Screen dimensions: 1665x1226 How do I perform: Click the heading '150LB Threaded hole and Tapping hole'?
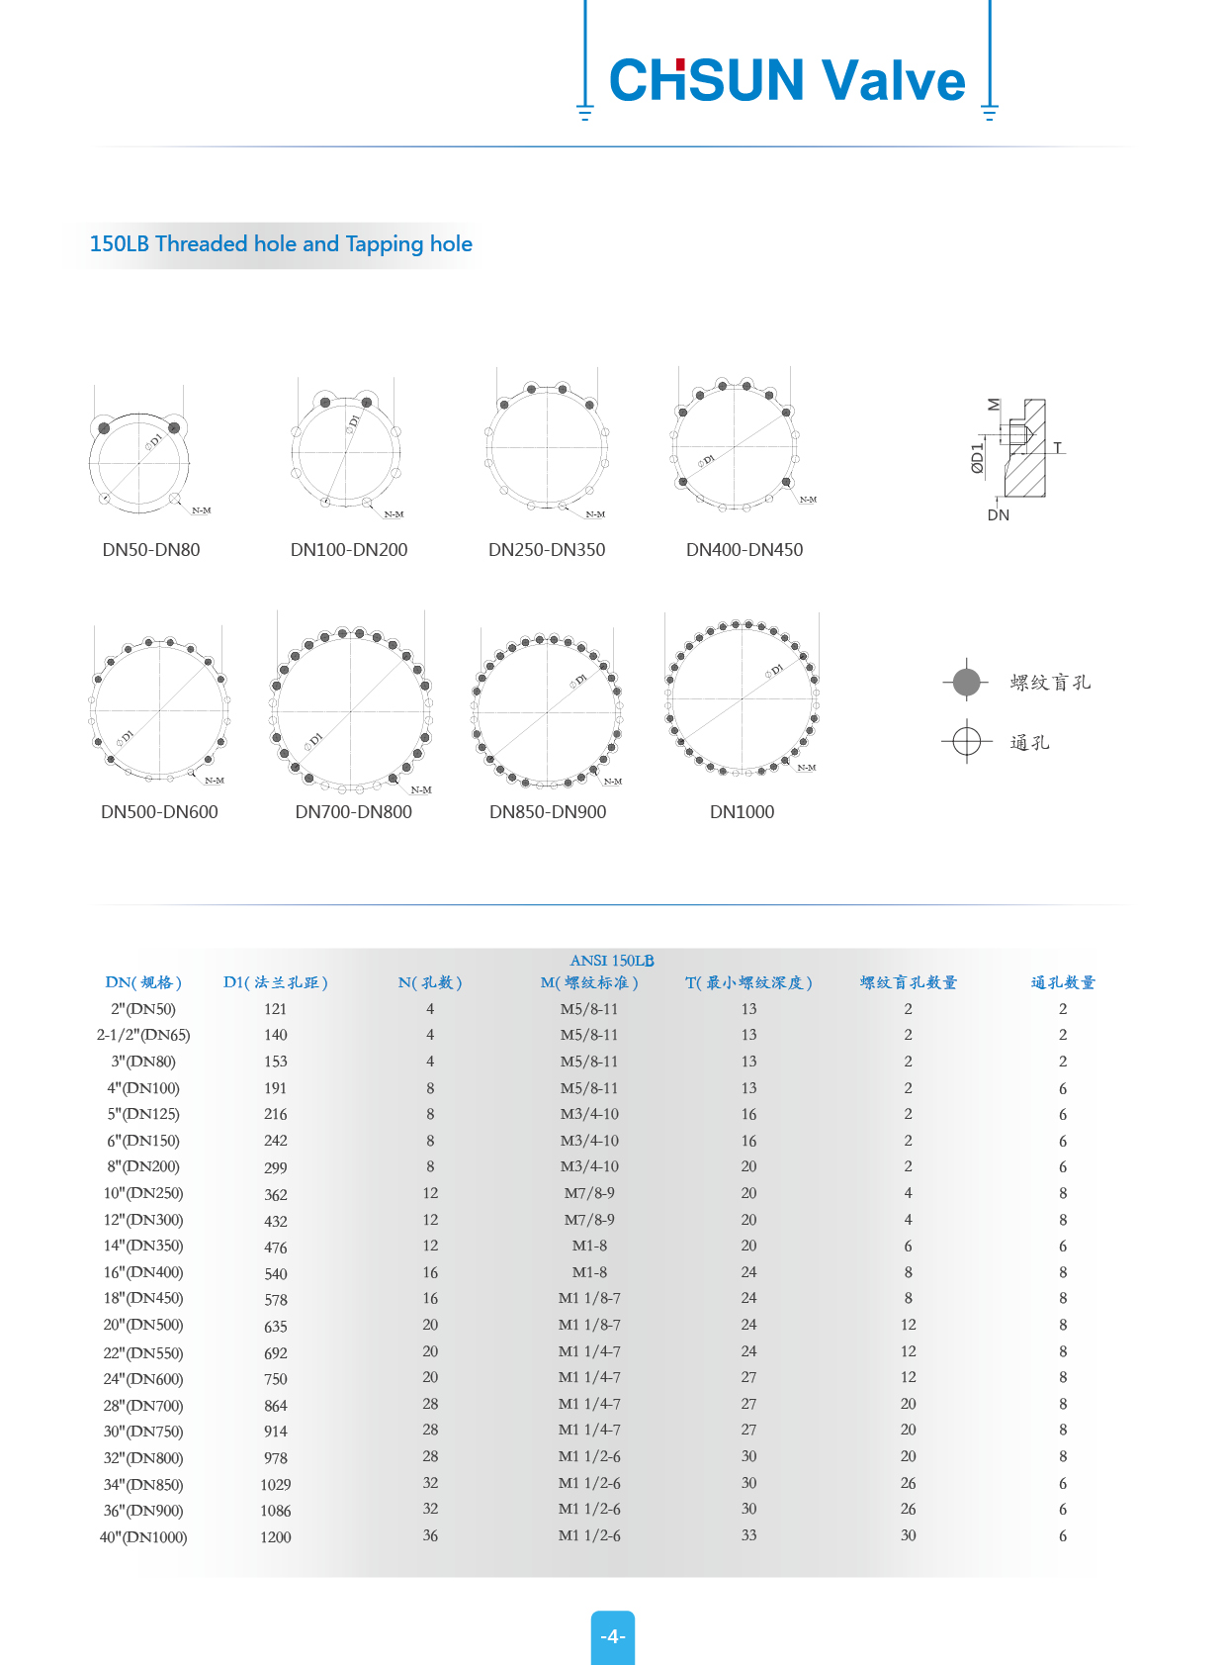point(281,244)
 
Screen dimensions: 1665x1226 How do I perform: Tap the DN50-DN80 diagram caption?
point(151,550)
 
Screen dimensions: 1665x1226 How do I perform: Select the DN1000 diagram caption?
point(742,812)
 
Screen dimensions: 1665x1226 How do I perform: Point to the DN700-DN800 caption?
point(353,812)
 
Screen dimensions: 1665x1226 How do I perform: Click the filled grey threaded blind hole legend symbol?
point(966,682)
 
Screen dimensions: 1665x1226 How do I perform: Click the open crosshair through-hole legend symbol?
point(966,741)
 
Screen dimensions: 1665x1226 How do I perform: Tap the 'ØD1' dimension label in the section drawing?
point(978,458)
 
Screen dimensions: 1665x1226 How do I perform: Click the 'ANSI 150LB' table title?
point(612,961)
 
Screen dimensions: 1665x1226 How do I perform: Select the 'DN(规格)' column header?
point(143,982)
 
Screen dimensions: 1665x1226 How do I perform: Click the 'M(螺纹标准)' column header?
point(589,982)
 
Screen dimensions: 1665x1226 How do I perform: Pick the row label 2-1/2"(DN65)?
point(143,1036)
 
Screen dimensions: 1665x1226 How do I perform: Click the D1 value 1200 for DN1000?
point(276,1537)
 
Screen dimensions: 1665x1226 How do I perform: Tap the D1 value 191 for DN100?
point(276,1088)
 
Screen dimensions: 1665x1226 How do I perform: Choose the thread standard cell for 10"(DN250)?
point(589,1193)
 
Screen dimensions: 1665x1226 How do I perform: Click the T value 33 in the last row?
point(748,1535)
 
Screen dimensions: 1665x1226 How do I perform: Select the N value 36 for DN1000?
point(430,1535)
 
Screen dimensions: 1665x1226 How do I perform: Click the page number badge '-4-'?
point(613,1637)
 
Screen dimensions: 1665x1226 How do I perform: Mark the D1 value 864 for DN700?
point(276,1406)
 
